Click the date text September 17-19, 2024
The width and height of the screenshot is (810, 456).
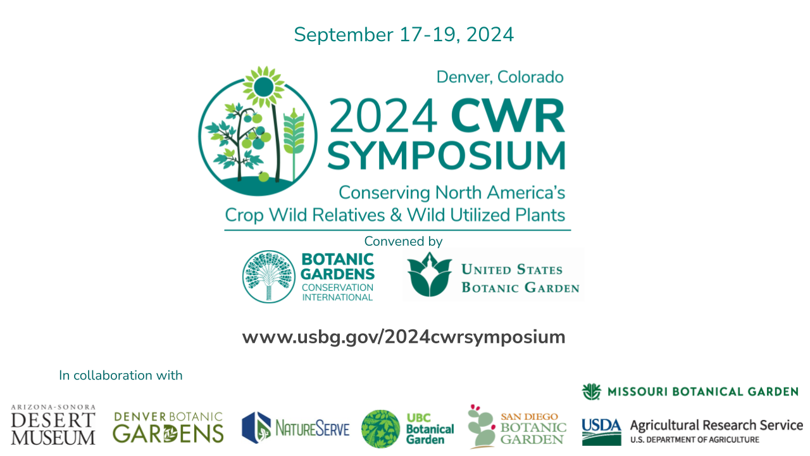[x=404, y=35]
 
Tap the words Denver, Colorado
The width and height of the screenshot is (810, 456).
[x=500, y=77]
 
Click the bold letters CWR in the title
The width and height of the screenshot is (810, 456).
[x=508, y=116]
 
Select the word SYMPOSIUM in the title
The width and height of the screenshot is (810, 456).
[x=446, y=155]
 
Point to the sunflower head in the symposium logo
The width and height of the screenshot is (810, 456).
[x=264, y=87]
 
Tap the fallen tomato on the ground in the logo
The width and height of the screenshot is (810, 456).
[x=264, y=177]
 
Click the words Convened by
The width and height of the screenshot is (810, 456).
[x=403, y=241]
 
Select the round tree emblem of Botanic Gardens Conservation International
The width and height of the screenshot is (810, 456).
[x=268, y=277]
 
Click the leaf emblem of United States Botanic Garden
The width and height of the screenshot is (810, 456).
[x=430, y=275]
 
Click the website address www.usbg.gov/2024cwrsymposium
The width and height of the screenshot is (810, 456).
[x=404, y=338]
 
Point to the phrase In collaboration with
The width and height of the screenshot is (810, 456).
[x=121, y=376]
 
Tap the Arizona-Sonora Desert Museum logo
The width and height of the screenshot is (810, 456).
[x=53, y=425]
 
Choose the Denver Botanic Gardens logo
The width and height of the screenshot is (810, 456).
[x=168, y=427]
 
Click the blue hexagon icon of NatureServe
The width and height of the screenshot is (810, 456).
[x=256, y=427]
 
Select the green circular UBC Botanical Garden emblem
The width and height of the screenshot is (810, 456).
[x=381, y=429]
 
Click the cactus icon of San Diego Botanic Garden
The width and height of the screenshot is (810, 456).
[x=480, y=427]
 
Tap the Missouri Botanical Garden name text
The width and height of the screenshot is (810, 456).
[x=703, y=391]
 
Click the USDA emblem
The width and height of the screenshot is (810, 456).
[x=601, y=432]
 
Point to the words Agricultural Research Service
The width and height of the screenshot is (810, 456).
[x=716, y=425]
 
